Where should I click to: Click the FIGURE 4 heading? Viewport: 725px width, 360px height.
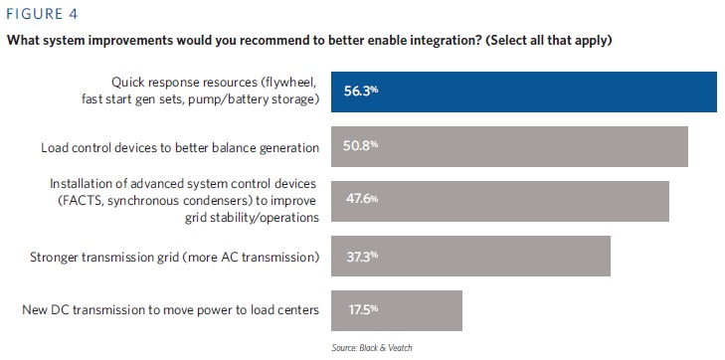click(42, 14)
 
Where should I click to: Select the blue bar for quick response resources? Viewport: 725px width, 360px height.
click(524, 91)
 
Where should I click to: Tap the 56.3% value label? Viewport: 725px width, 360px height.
click(361, 91)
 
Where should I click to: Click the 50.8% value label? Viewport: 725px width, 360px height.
click(361, 145)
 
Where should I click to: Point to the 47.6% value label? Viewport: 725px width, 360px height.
click(362, 199)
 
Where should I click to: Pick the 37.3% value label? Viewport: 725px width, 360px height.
click(362, 256)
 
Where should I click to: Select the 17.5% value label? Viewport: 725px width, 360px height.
click(363, 309)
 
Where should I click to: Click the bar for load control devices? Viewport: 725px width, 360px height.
click(509, 146)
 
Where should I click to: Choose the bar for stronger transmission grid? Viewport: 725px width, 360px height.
click(470, 256)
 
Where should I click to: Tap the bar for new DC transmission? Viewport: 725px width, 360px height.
click(397, 310)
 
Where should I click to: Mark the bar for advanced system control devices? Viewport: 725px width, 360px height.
click(500, 201)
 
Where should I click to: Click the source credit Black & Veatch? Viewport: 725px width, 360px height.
click(371, 347)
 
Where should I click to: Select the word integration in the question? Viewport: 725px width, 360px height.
click(451, 41)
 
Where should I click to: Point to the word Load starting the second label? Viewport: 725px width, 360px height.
click(53, 148)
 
